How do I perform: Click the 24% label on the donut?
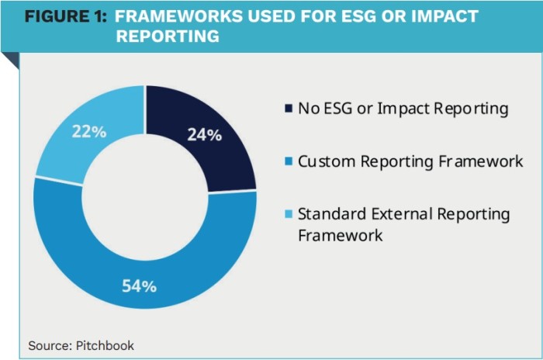205,134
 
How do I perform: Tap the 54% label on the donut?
140,286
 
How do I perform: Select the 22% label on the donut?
88,132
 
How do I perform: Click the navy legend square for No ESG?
289,109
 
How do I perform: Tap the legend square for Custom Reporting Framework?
289,162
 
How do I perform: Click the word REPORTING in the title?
168,36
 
